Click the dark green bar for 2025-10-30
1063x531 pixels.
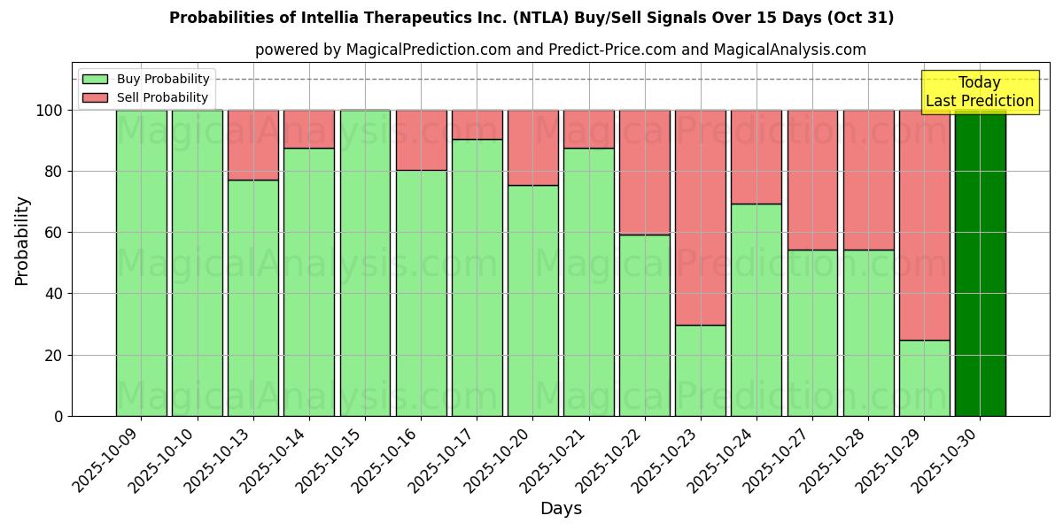(980, 263)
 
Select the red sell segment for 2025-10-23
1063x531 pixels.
(701, 218)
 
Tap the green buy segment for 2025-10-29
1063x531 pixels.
(924, 378)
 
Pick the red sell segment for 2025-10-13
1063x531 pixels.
(253, 145)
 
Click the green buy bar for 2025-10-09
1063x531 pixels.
(141, 263)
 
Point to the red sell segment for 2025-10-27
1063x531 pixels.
(812, 180)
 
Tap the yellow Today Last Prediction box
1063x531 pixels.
(980, 92)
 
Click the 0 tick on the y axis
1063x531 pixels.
(58, 416)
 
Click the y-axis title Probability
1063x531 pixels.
(22, 240)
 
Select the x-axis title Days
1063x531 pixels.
(561, 509)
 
